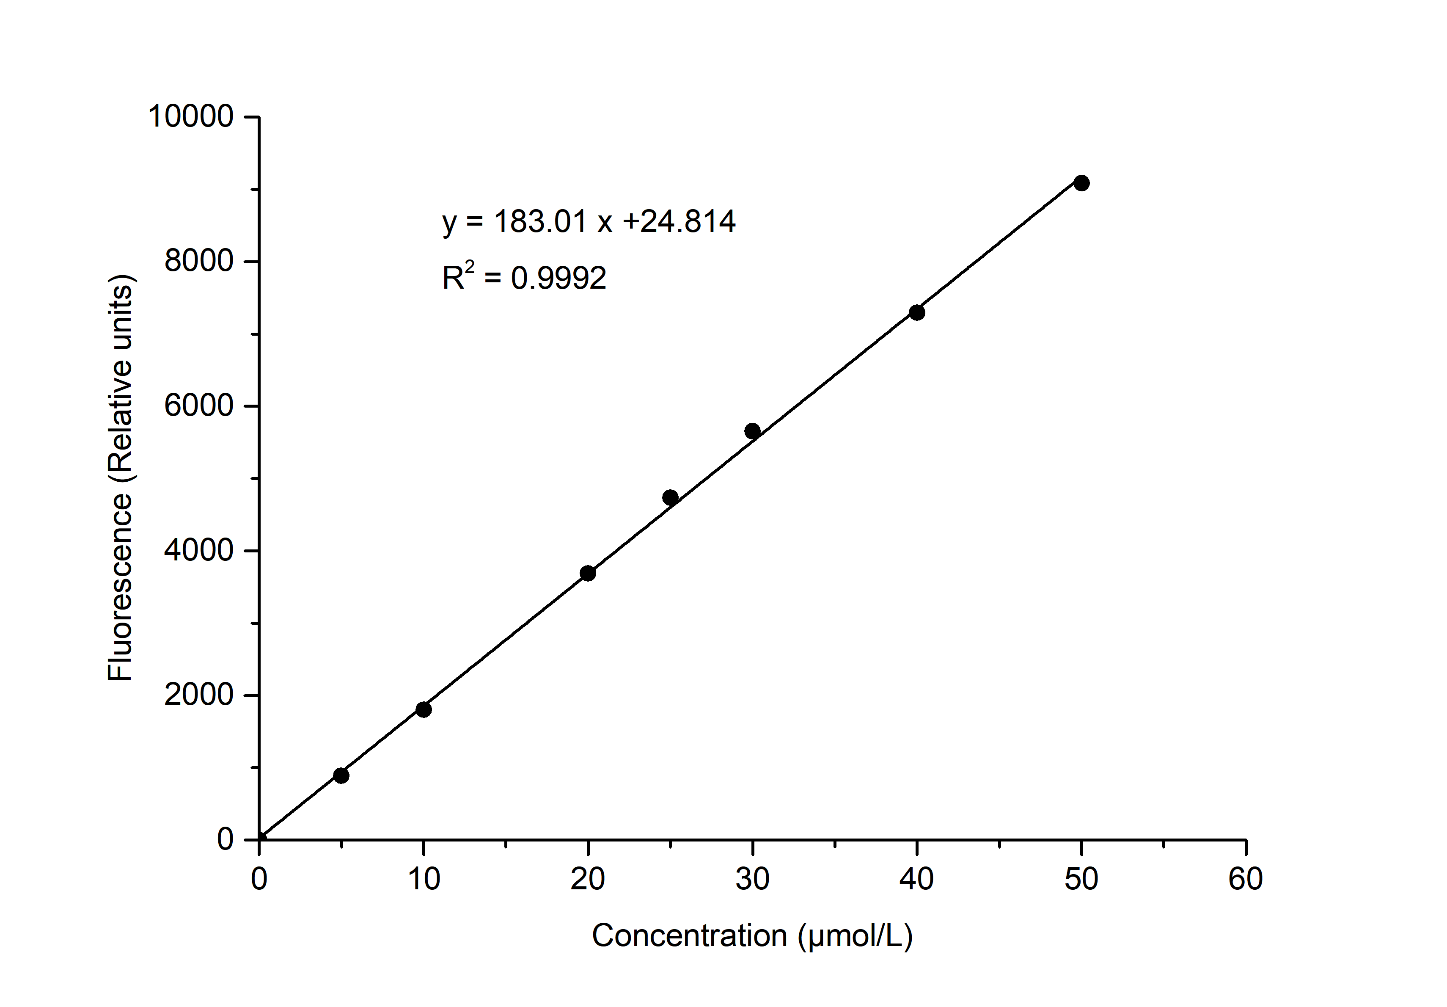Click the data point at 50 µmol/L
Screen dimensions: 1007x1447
pyautogui.click(x=1081, y=183)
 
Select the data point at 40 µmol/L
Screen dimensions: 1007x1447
pyautogui.click(x=917, y=312)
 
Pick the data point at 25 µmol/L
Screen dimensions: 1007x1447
pyautogui.click(x=671, y=497)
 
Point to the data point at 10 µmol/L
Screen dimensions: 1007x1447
pyautogui.click(x=424, y=709)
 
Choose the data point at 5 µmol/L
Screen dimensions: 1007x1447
pyautogui.click(x=341, y=775)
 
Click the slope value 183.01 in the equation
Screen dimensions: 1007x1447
pyautogui.click(x=540, y=221)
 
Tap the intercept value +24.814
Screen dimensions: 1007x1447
pyautogui.click(x=679, y=221)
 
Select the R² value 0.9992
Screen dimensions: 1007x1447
pyautogui.click(x=558, y=278)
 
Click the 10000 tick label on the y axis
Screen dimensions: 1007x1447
pyautogui.click(x=190, y=117)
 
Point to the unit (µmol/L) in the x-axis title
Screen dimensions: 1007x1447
pyautogui.click(x=855, y=936)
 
